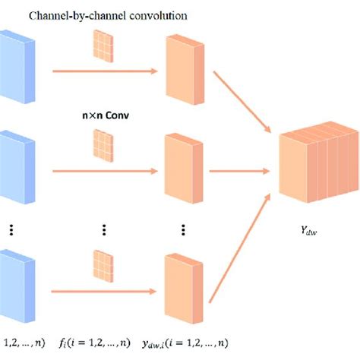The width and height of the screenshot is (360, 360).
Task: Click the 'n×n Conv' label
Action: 101,118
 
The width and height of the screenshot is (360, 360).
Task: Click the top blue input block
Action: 13,67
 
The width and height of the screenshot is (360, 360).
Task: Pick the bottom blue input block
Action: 13,285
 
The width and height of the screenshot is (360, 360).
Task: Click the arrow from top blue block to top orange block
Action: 102,72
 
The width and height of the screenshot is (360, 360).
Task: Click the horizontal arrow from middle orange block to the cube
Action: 240,171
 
